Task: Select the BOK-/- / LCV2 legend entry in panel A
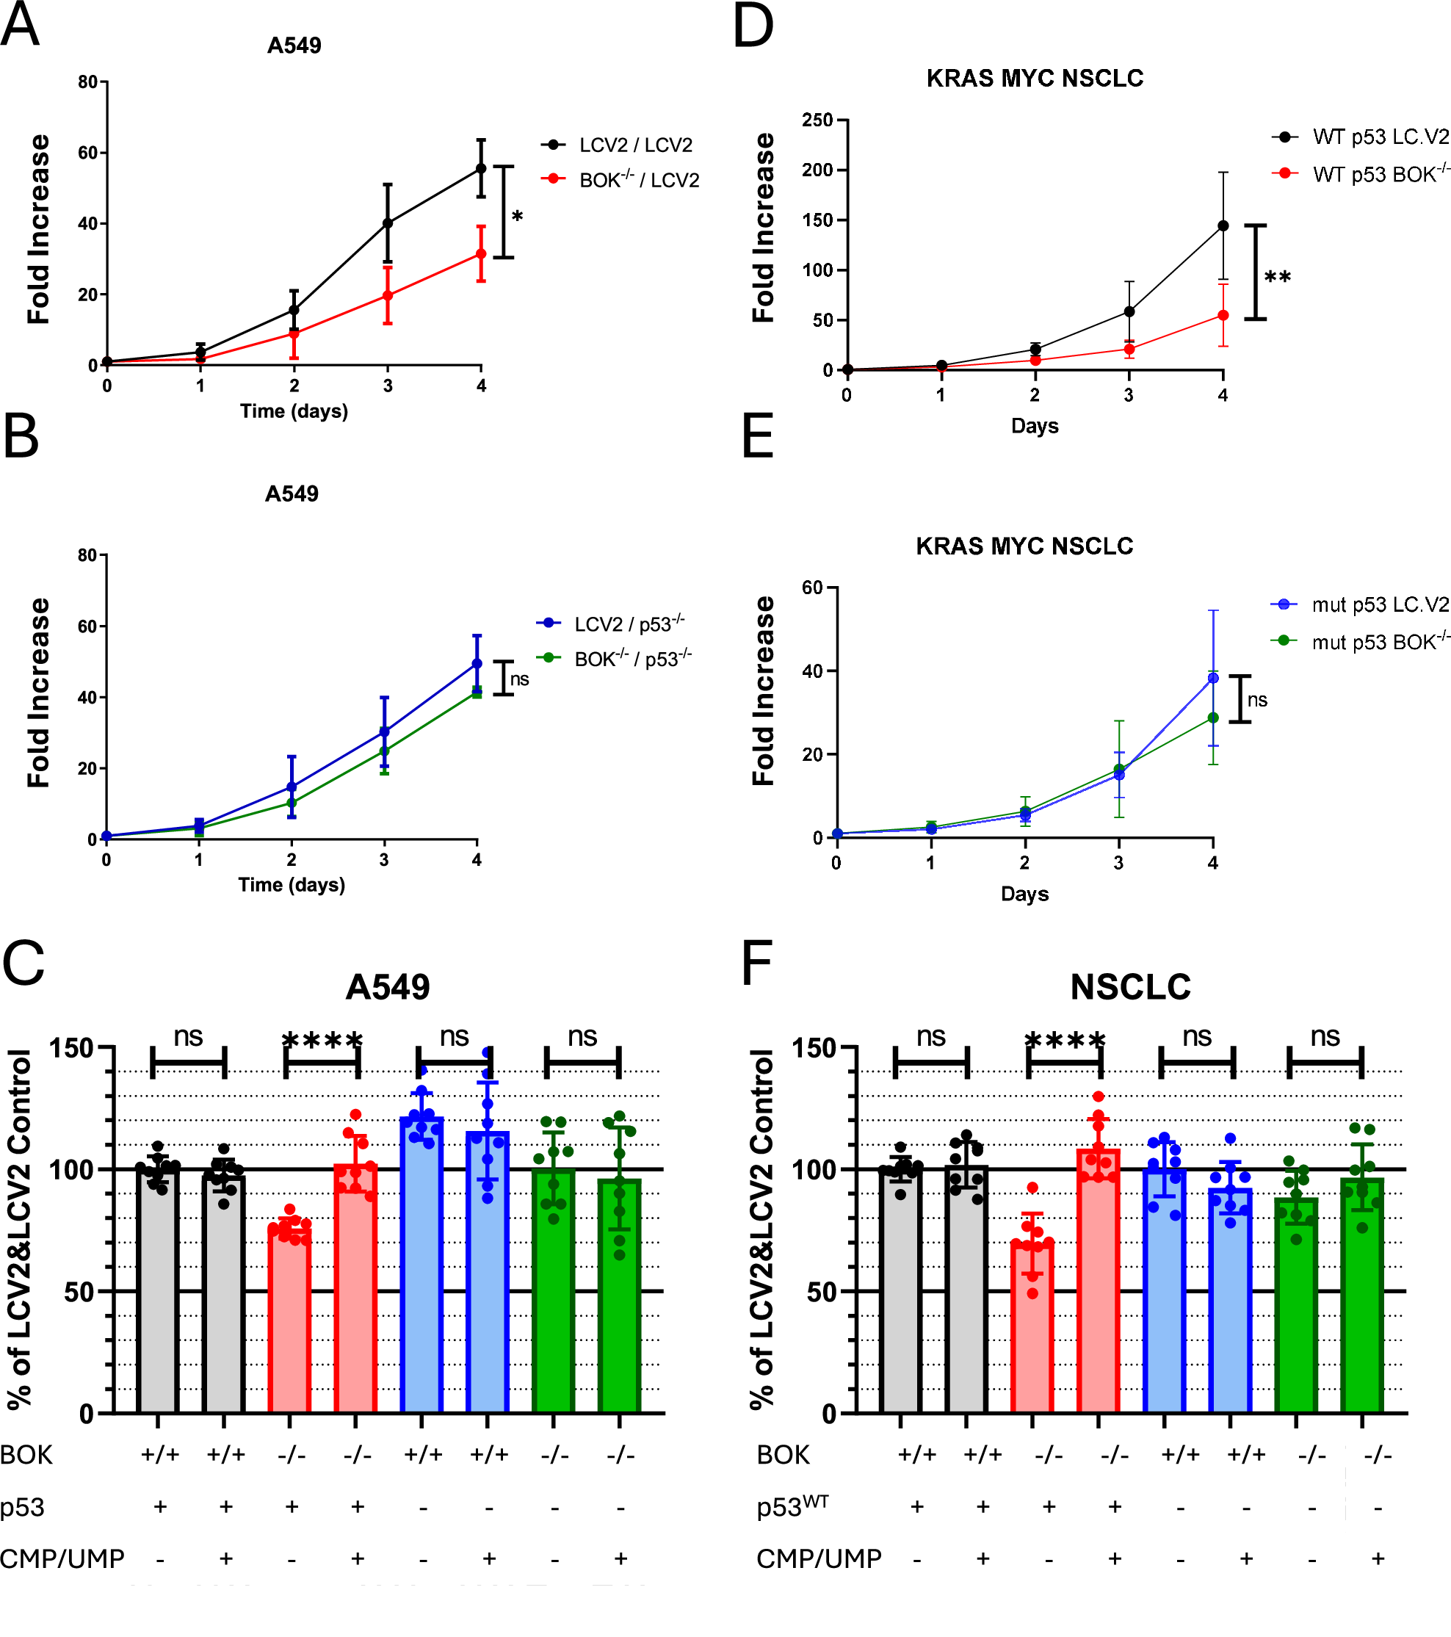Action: pos(638,180)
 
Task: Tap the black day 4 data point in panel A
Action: pos(480,168)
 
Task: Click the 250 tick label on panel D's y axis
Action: pos(817,120)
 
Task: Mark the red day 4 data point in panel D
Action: pos(1222,316)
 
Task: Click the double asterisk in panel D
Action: pos(1276,278)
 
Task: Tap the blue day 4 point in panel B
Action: pos(477,663)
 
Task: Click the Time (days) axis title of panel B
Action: pos(292,884)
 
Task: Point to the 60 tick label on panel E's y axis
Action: pos(812,588)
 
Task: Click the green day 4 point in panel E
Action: pos(1212,718)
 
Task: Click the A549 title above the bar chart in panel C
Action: pos(388,987)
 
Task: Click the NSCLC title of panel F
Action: pos(1130,987)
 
